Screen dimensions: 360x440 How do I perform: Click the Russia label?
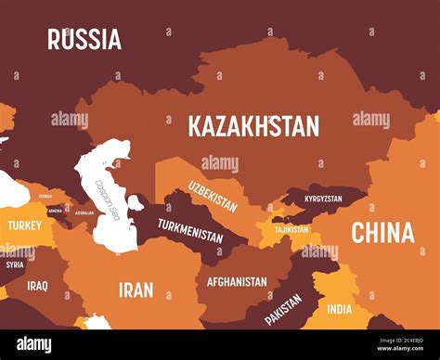(x=84, y=39)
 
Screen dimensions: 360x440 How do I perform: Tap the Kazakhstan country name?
(x=253, y=126)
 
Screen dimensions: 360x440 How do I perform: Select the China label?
(x=382, y=233)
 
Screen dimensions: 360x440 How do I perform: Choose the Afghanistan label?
(x=237, y=281)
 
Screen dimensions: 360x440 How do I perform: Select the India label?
(x=341, y=310)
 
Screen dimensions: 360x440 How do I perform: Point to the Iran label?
(x=136, y=289)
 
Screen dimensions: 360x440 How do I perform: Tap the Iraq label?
(x=37, y=286)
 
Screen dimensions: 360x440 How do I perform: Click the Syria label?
(x=15, y=264)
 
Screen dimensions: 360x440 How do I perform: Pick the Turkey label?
(x=24, y=225)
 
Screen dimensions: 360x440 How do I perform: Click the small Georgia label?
(x=45, y=197)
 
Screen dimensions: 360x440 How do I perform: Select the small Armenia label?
(x=55, y=211)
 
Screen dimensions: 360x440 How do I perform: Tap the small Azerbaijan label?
(x=84, y=212)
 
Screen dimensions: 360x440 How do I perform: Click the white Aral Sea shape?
(x=136, y=202)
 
